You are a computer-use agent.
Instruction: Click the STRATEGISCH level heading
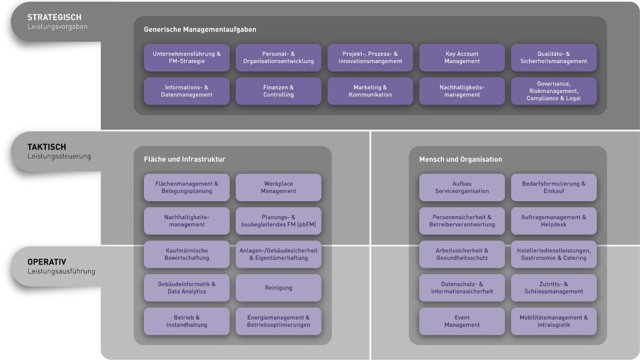pyautogui.click(x=54, y=17)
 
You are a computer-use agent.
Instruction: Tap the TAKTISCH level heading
pyautogui.click(x=46, y=147)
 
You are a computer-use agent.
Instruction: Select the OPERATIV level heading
pyautogui.click(x=46, y=262)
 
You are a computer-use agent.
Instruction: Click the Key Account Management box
pyautogui.click(x=462, y=57)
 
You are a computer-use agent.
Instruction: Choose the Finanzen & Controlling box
pyautogui.click(x=278, y=91)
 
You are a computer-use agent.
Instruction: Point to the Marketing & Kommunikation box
pyautogui.click(x=370, y=91)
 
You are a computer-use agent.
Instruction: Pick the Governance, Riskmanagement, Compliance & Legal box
pyautogui.click(x=553, y=91)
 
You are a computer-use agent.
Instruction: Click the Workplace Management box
pyautogui.click(x=278, y=187)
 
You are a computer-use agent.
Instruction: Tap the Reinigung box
pyautogui.click(x=278, y=288)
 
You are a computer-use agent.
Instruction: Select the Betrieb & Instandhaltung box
pyautogui.click(x=186, y=321)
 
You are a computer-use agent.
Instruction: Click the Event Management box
pyautogui.click(x=462, y=321)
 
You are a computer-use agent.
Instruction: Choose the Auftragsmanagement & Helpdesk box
pyautogui.click(x=553, y=221)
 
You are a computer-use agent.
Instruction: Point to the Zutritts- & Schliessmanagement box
pyautogui.click(x=553, y=288)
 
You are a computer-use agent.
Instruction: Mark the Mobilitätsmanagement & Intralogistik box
pyautogui.click(x=553, y=321)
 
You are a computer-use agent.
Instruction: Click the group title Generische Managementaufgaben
pyautogui.click(x=200, y=29)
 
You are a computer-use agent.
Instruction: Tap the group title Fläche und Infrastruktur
pyautogui.click(x=184, y=159)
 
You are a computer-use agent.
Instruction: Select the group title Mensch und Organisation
pyautogui.click(x=460, y=159)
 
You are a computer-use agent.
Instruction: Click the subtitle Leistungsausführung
pyautogui.click(x=61, y=271)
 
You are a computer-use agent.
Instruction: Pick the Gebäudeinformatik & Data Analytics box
pyautogui.click(x=186, y=288)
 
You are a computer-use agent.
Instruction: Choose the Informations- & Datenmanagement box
pyautogui.click(x=186, y=91)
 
